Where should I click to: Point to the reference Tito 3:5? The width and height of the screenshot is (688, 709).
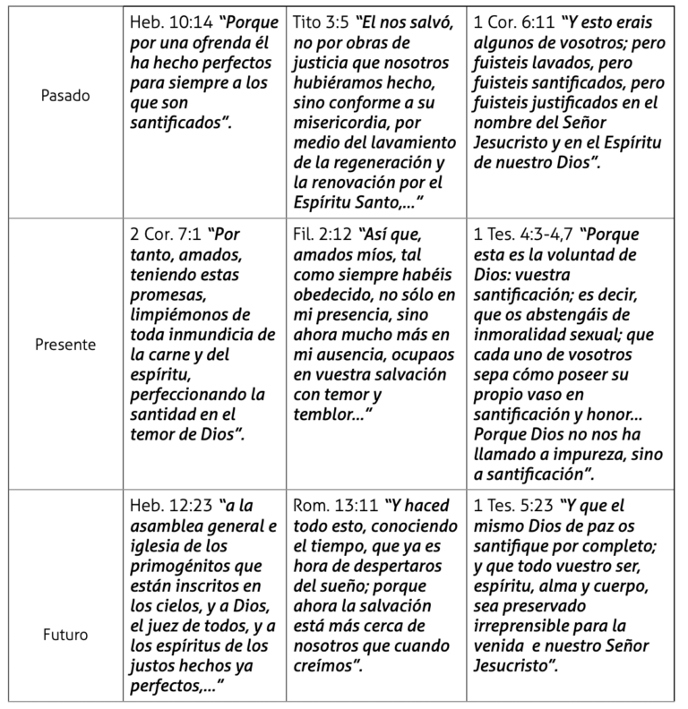[327, 20]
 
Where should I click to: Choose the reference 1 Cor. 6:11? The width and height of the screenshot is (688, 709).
[508, 20]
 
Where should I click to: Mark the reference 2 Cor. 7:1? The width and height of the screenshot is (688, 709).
[168, 235]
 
